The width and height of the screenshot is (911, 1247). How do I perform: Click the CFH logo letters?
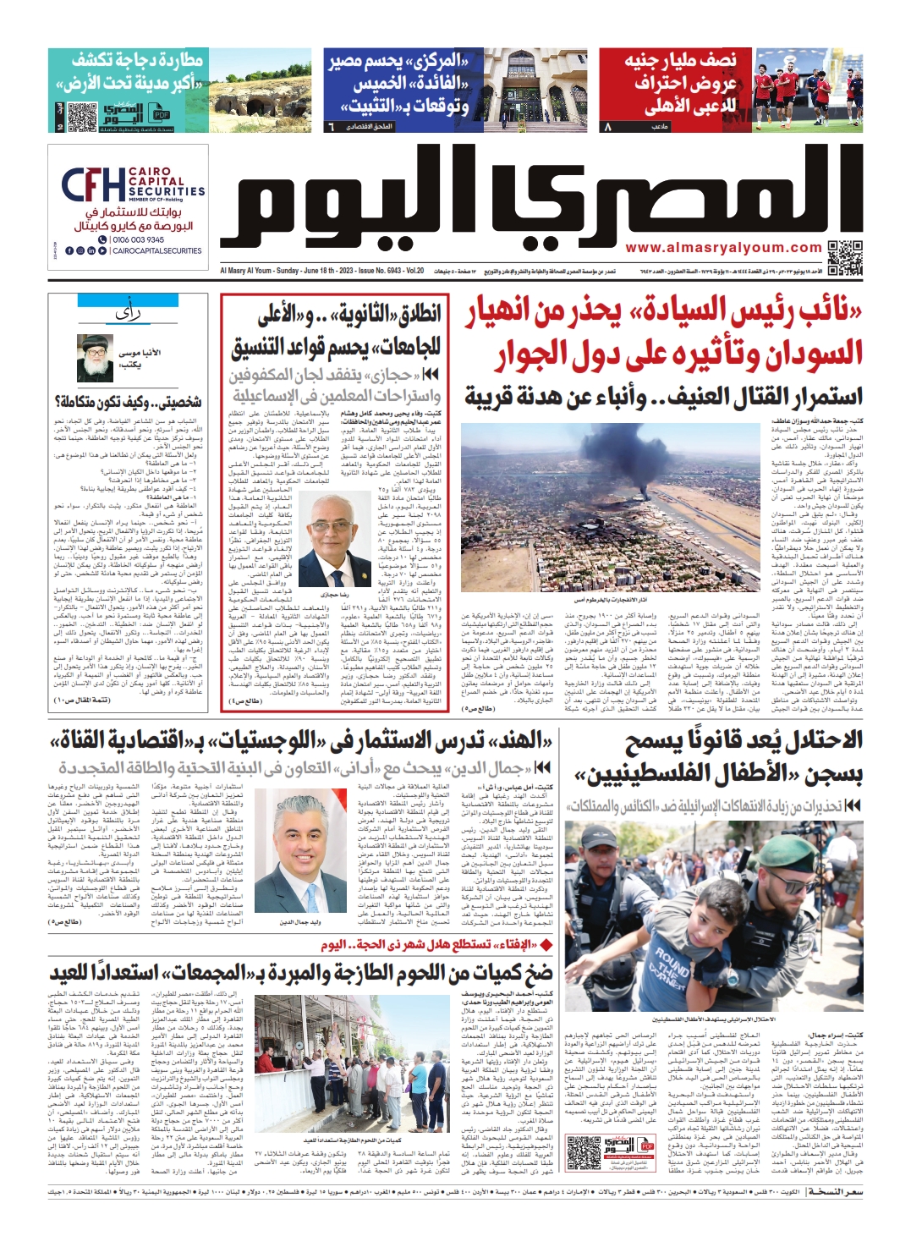tap(93, 185)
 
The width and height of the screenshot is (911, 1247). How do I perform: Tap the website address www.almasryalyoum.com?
tap(723, 248)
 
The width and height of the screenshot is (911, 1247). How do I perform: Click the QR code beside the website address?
tap(845, 257)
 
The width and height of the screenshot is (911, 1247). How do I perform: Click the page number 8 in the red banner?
tap(606, 127)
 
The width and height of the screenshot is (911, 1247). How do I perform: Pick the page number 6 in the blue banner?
tap(332, 127)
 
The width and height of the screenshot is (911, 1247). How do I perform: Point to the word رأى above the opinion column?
tap(128, 316)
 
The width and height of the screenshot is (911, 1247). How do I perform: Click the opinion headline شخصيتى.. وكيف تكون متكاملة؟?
tap(128, 402)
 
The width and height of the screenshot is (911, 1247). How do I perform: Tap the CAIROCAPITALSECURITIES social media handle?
tap(157, 251)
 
